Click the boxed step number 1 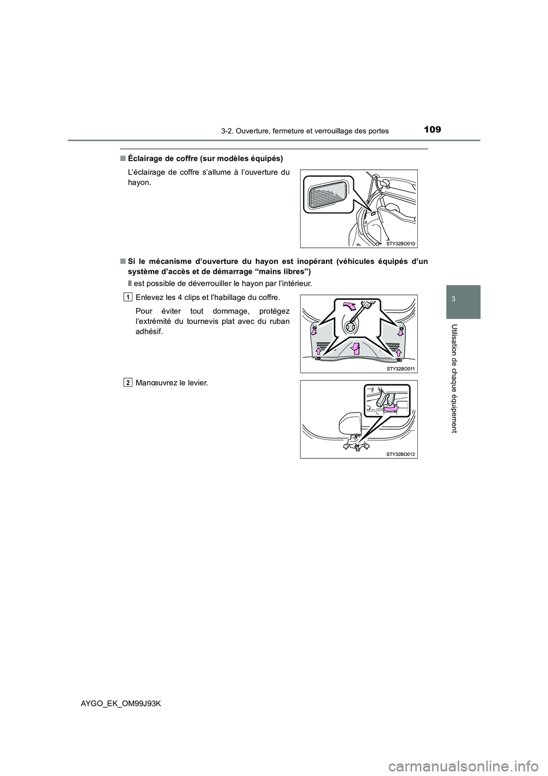128,297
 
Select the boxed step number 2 128,382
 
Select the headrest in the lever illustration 349,423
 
